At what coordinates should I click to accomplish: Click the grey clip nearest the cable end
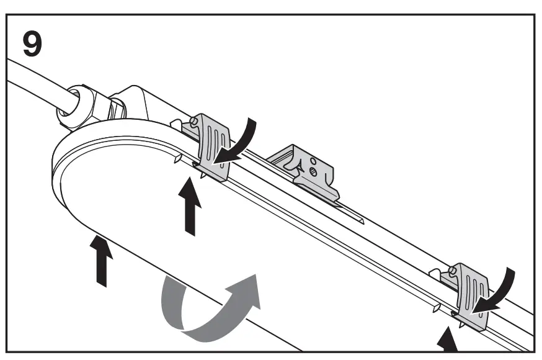pos(211,146)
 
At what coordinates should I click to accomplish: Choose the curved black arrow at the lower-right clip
pos(503,291)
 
